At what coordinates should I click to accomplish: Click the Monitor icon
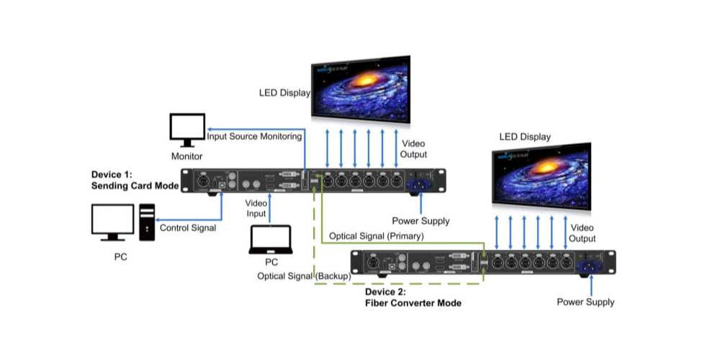(186, 130)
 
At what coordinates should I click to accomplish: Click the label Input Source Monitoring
(254, 135)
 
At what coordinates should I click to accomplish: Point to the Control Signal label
(187, 228)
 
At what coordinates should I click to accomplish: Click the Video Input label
(256, 208)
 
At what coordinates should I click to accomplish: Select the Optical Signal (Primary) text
(376, 236)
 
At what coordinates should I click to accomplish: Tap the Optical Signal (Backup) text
(304, 276)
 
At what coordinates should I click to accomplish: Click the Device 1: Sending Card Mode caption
(135, 180)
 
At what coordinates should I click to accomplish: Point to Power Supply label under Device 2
(585, 302)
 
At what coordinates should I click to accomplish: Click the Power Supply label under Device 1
(420, 221)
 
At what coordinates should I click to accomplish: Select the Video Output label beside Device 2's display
(582, 233)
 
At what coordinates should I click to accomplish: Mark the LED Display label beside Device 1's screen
(284, 93)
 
